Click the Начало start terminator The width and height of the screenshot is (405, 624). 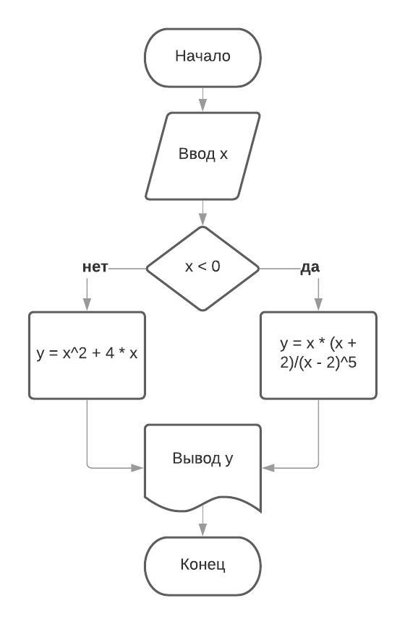202,57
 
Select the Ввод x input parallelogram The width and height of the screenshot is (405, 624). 202,155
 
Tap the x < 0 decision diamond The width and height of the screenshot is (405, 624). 202,268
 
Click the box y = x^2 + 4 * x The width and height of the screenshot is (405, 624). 87,355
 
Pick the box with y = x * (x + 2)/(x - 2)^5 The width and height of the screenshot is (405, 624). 318,355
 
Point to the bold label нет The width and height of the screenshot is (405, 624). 95,267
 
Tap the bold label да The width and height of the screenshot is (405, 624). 310,267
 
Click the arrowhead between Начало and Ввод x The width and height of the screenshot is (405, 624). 203,105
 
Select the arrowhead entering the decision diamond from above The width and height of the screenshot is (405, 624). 203,219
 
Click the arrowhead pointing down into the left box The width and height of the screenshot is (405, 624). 87,304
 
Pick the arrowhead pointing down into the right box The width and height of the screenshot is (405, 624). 318,304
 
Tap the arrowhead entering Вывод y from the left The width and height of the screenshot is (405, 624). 137,467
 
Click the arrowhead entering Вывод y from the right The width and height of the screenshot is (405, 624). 268,467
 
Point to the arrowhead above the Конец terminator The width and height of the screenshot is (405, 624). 203,529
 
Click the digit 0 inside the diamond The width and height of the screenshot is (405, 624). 216,266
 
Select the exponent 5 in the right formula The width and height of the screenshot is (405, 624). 352,363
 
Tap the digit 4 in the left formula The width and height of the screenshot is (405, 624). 110,352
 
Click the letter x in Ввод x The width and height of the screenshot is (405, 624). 223,155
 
